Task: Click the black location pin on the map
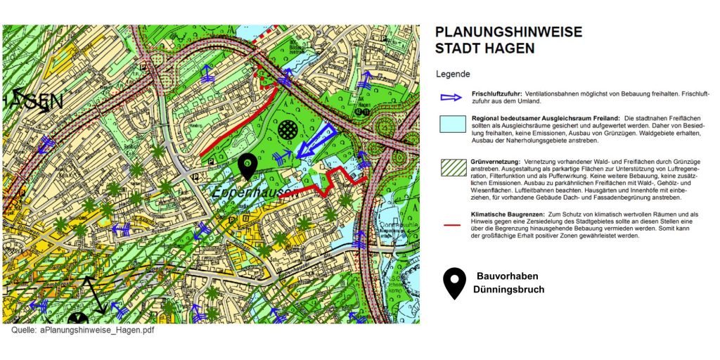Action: click(x=247, y=166)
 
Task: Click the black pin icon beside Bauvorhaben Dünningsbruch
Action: click(x=455, y=282)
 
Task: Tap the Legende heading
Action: click(x=454, y=74)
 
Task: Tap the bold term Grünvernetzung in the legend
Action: click(x=496, y=162)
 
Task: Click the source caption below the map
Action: click(x=82, y=330)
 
